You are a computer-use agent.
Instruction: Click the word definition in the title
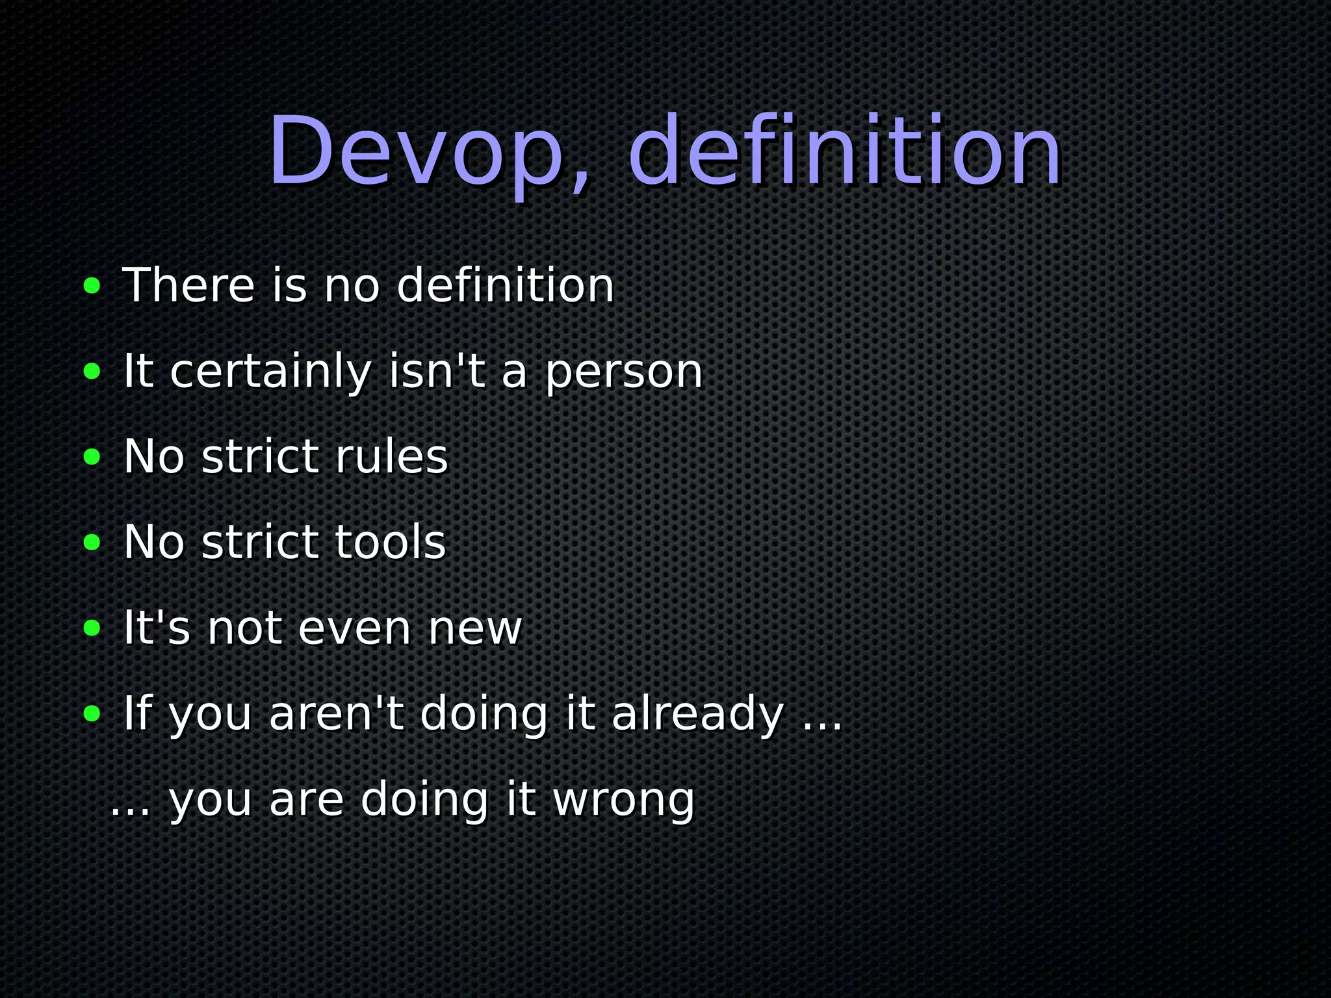point(845,151)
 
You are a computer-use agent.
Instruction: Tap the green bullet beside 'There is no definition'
point(92,285)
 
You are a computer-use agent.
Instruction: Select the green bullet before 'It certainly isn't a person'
point(92,371)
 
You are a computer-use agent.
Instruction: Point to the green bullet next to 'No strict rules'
point(92,457)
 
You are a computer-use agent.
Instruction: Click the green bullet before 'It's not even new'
point(92,628)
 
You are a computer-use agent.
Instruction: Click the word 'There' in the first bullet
point(188,285)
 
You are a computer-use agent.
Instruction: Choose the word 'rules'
point(391,457)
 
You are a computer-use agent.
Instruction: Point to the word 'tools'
point(390,543)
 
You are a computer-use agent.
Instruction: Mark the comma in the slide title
point(580,182)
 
